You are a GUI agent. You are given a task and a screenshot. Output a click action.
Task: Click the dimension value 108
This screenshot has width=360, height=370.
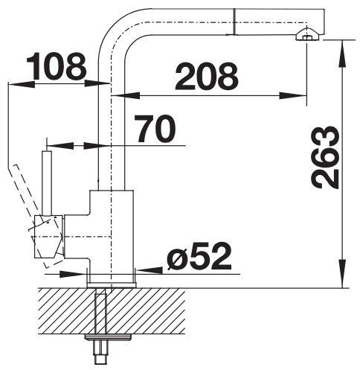pos(57,66)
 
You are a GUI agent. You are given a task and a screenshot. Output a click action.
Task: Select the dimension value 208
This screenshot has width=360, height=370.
pos(207,76)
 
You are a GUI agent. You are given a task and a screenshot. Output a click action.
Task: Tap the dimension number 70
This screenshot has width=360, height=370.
pos(155,129)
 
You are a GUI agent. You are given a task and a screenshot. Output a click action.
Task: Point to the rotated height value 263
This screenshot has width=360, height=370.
pos(325,158)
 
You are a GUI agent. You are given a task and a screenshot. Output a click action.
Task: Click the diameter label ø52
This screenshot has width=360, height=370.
pos(199,257)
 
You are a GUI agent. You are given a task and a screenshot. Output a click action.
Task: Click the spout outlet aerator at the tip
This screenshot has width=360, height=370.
pos(307,35)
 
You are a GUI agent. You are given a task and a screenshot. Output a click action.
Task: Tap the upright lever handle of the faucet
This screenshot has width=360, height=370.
pos(47,183)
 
